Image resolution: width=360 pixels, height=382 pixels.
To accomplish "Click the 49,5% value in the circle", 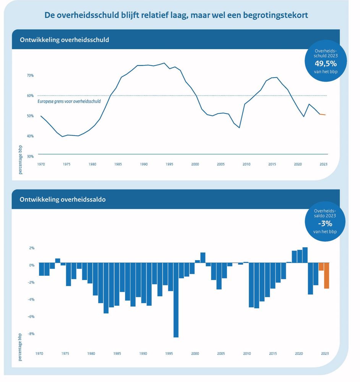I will [x=326, y=63].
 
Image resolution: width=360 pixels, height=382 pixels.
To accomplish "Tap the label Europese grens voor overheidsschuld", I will [x=69, y=102].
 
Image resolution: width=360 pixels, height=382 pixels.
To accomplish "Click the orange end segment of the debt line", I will [x=323, y=114].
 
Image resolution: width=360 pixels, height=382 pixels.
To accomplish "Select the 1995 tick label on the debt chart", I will [x=169, y=164].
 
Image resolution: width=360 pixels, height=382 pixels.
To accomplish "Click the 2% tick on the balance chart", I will [x=31, y=248].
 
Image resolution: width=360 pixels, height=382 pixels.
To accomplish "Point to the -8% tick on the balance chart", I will [x=31, y=334].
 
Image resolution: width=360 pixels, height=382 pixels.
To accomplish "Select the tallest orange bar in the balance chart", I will [x=327, y=275].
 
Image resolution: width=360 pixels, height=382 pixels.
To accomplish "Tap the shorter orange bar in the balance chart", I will [x=321, y=267].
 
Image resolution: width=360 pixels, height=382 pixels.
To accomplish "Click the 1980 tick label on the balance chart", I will [x=91, y=354].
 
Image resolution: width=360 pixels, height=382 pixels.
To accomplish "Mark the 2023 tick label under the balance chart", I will [x=324, y=354].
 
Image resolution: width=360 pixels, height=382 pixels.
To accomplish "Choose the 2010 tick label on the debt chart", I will [x=246, y=164].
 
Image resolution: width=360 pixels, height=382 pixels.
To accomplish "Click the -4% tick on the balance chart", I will [x=31, y=299].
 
